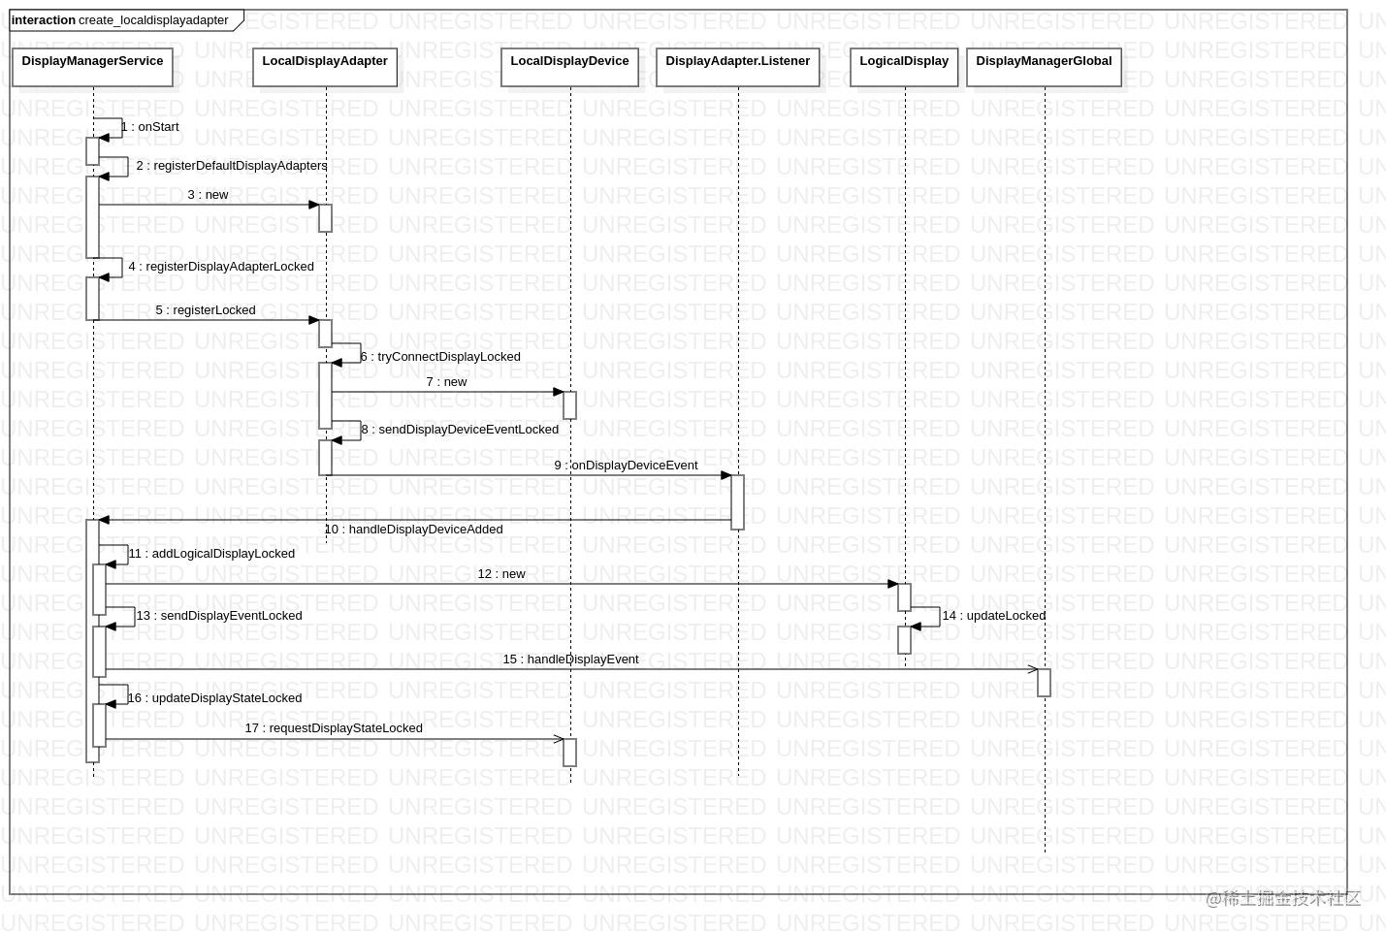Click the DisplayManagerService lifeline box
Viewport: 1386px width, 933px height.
pos(92,67)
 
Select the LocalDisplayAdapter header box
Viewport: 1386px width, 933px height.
pos(325,67)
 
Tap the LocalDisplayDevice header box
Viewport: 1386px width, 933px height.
pos(569,67)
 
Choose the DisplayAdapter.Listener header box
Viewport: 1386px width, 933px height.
pos(737,67)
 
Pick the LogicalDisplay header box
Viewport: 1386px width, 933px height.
pos(904,67)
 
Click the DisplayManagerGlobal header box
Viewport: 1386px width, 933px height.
pos(1044,67)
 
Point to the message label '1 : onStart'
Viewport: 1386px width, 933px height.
pos(150,127)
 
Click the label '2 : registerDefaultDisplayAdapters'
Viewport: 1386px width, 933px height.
pos(231,166)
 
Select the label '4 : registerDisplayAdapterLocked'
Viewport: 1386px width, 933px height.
pos(221,267)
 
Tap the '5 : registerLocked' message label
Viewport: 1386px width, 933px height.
pos(206,310)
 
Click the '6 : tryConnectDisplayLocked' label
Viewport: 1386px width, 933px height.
pos(440,357)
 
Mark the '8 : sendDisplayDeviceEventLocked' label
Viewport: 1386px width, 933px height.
pos(460,430)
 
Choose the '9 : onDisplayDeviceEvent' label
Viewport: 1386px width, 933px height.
pos(626,466)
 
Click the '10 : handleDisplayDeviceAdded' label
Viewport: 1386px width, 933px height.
pos(413,530)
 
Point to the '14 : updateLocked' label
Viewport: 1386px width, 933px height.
pos(993,616)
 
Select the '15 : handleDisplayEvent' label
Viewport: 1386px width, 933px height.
pos(570,660)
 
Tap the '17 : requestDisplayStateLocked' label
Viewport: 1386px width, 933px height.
pos(334,728)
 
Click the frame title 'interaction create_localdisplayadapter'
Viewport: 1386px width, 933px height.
pos(120,20)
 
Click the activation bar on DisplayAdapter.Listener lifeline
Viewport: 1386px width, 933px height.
pos(737,501)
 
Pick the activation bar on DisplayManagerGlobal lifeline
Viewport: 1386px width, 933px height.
pos(1044,682)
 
